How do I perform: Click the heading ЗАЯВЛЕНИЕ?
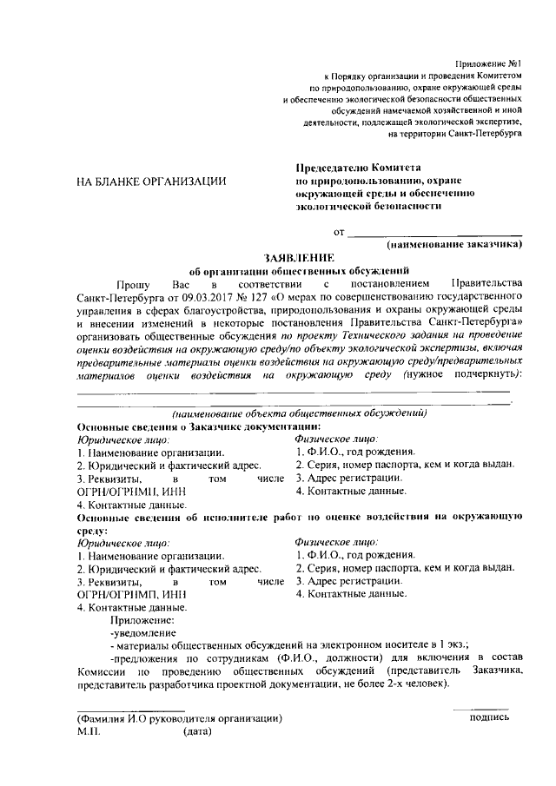(299, 258)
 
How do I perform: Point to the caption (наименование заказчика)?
(455, 246)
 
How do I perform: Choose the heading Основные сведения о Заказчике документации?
(199, 426)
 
